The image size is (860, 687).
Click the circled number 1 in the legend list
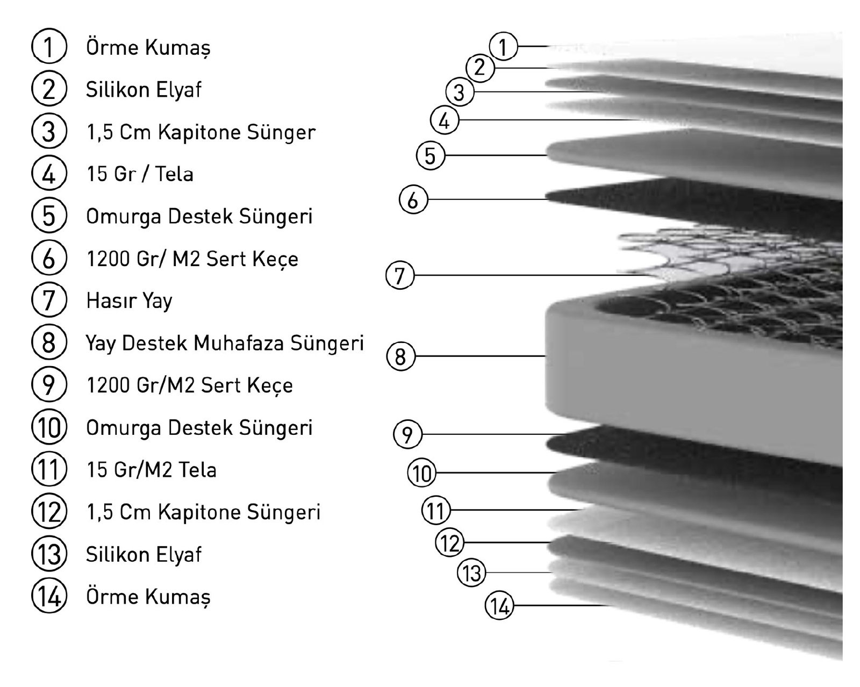click(x=49, y=47)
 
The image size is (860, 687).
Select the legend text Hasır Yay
click(x=129, y=300)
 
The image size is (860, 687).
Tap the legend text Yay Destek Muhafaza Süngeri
click(x=225, y=343)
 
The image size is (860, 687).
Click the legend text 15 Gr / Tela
click(x=140, y=174)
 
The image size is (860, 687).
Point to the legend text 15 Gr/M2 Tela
click(x=152, y=470)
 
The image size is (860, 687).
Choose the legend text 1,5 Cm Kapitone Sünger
click(x=200, y=132)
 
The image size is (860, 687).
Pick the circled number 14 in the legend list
click(x=49, y=597)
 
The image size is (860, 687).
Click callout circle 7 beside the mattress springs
click(x=400, y=276)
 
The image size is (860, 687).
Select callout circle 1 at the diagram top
click(x=503, y=47)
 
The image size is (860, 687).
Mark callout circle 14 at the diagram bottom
click(x=499, y=606)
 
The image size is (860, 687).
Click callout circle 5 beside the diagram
click(x=430, y=156)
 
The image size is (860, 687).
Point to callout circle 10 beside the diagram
click(x=422, y=473)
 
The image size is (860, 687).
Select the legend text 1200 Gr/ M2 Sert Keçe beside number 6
click(x=192, y=259)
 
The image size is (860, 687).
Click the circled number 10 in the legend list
click(x=49, y=428)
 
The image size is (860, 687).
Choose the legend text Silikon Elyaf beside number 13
click(x=144, y=554)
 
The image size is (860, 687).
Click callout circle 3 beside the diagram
click(x=459, y=92)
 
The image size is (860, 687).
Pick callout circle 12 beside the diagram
click(x=449, y=542)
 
